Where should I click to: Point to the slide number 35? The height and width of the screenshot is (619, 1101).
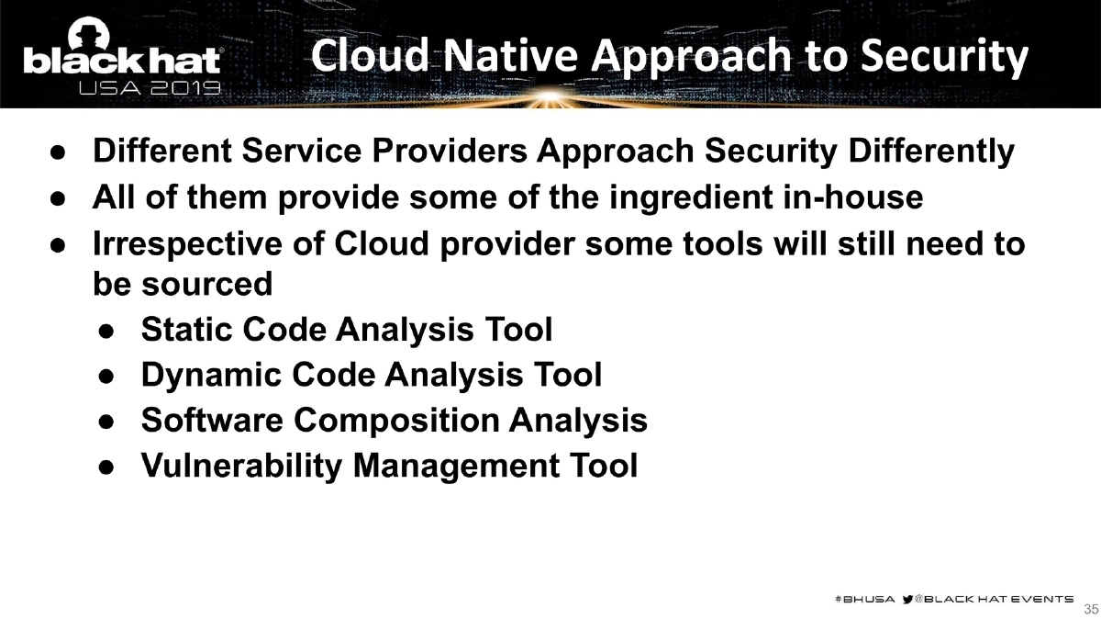(x=1091, y=609)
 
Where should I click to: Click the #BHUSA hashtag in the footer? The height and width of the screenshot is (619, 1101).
(x=863, y=599)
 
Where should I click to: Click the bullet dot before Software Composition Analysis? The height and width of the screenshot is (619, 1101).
(x=106, y=422)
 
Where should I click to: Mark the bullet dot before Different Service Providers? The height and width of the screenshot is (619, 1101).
(x=57, y=152)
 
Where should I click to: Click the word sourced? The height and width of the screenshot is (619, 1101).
(x=208, y=285)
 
